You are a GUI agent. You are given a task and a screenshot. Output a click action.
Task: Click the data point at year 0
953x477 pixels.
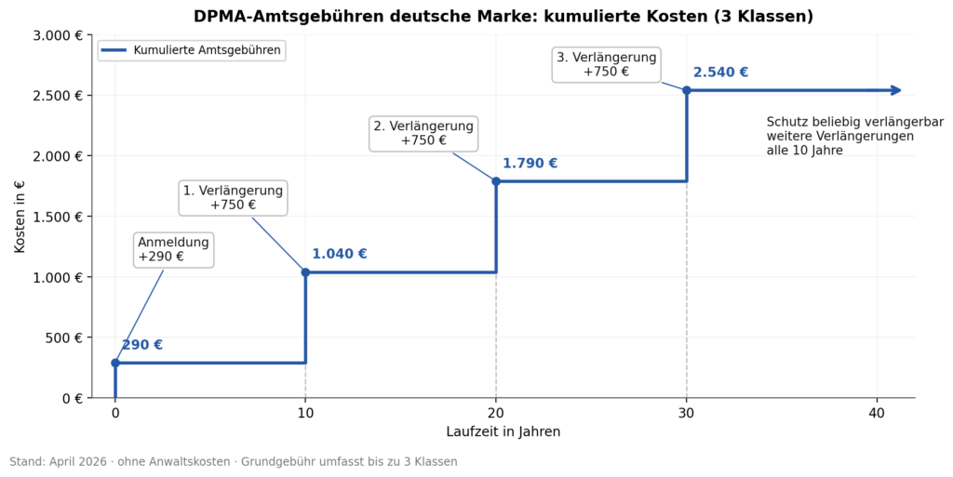[x=115, y=363]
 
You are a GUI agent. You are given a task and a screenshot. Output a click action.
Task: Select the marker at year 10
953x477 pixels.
[x=305, y=272]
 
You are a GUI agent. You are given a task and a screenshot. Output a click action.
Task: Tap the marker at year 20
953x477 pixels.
[x=496, y=181]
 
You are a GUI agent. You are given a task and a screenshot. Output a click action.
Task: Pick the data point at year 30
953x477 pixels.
[x=687, y=90]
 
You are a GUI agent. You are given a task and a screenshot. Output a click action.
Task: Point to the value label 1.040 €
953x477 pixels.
[x=339, y=254]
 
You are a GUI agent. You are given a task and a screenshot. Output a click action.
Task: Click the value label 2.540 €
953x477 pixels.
[x=720, y=73]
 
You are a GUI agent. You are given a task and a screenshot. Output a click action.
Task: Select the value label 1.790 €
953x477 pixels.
[x=530, y=164]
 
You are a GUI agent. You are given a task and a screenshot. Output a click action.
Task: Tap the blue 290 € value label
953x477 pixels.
[x=142, y=345]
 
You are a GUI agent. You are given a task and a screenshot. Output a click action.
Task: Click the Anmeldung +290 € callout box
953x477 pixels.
[x=174, y=249]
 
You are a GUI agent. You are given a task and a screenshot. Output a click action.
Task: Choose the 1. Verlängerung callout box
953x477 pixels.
[x=233, y=198]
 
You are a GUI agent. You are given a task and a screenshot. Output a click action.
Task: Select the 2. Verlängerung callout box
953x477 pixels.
[x=423, y=133]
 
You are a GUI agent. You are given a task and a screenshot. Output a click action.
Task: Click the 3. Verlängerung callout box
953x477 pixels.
[x=606, y=64]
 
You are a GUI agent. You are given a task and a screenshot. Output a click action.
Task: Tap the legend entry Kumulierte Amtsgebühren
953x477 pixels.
[x=192, y=50]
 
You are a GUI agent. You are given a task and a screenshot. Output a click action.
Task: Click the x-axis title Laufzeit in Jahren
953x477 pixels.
[x=503, y=431]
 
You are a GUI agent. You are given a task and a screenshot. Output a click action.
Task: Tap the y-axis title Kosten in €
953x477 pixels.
[x=20, y=217]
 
